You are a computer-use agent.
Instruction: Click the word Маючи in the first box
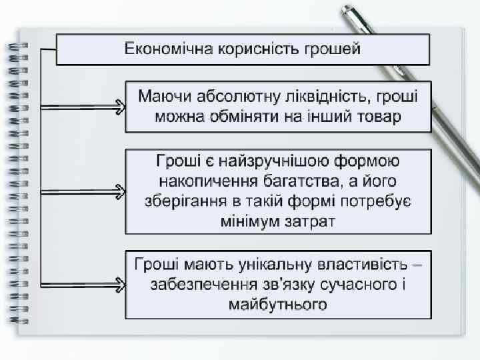pos(161,96)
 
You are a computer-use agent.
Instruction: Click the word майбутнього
pos(278,305)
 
